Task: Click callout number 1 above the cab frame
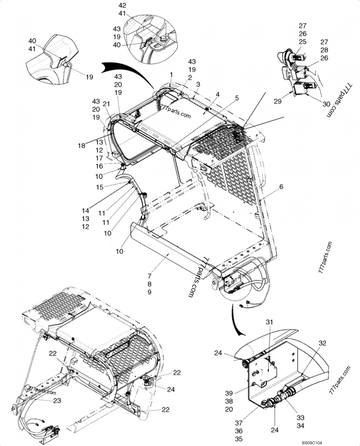(x=171, y=74)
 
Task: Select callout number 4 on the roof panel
(x=217, y=94)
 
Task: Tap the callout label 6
(x=281, y=187)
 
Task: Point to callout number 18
(x=81, y=146)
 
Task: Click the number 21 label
(x=106, y=104)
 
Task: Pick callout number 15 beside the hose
(x=100, y=187)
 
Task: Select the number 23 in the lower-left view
(x=57, y=400)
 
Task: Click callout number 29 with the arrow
(x=278, y=101)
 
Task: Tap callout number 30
(x=326, y=104)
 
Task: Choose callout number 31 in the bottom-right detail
(x=269, y=322)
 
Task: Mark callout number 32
(x=322, y=343)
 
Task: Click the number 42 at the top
(x=122, y=5)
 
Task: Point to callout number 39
(x=229, y=393)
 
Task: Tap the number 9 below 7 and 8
(x=149, y=292)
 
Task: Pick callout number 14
(x=85, y=211)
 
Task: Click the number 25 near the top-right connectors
(x=302, y=41)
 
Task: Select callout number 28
(x=324, y=50)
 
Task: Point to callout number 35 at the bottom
(x=238, y=439)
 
